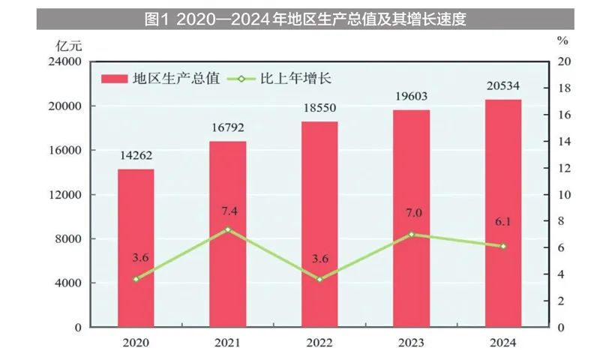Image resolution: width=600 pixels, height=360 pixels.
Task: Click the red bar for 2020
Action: (136, 248)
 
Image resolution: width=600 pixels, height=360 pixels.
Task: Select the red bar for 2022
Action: (319, 224)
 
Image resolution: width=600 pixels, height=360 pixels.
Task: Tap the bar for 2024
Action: (503, 213)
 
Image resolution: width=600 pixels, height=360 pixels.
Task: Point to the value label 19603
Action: (411, 97)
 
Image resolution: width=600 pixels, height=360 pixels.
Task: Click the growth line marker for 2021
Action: (228, 229)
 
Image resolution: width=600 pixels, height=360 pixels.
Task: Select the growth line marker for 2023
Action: (412, 234)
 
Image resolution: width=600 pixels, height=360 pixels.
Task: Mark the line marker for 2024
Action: (503, 246)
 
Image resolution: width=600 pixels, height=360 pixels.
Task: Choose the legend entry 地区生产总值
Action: (162, 78)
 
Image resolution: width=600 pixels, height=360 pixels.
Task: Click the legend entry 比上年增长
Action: (288, 78)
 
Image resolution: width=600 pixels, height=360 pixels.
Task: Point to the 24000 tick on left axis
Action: (65, 62)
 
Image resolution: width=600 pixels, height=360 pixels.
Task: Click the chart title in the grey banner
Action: (305, 19)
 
